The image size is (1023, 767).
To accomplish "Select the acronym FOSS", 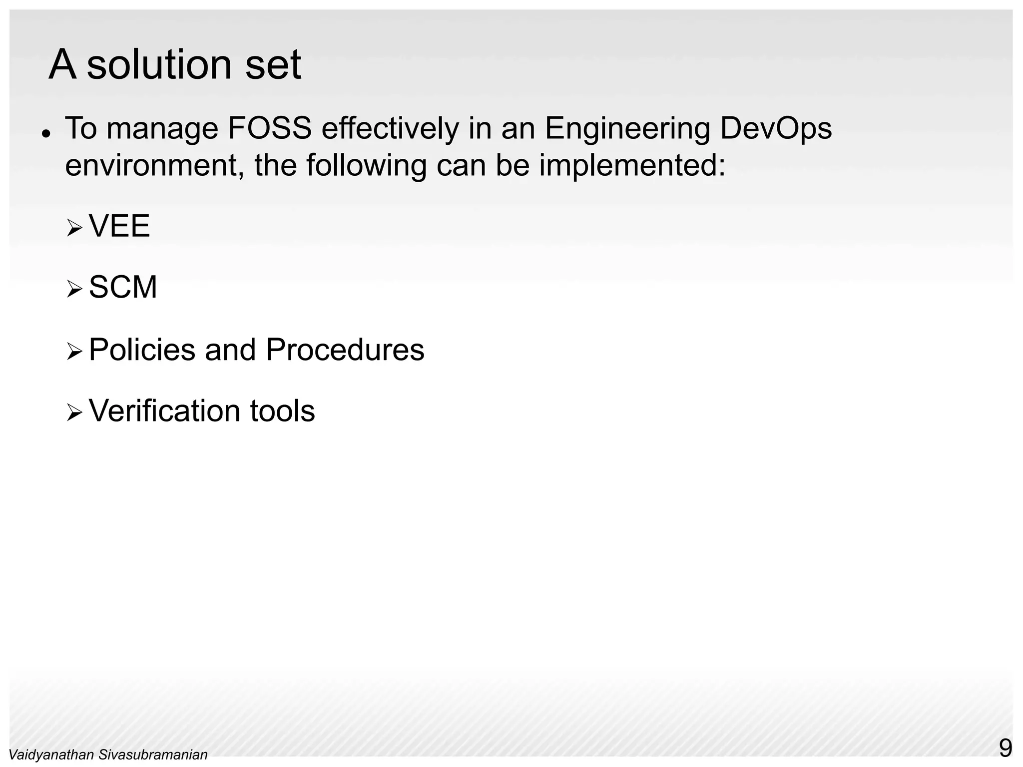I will click(x=270, y=128).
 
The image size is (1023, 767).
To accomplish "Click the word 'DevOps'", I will click(x=776, y=129).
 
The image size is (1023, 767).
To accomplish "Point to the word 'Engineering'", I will click(x=627, y=129).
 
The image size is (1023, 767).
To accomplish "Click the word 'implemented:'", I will click(x=632, y=166).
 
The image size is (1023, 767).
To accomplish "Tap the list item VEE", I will click(x=119, y=226).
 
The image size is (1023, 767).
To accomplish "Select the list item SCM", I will click(x=123, y=288).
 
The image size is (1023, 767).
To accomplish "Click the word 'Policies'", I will click(x=142, y=350).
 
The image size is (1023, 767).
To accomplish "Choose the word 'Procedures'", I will click(x=345, y=350).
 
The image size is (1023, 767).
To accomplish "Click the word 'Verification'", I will click(x=164, y=411).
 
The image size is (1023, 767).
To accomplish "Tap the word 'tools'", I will click(x=282, y=411).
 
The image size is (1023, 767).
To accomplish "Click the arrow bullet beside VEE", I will click(x=74, y=229).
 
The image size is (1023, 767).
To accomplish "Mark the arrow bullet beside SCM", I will click(x=74, y=290).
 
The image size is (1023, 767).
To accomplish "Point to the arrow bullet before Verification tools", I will click(x=74, y=413).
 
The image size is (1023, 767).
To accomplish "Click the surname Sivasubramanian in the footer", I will click(x=153, y=755).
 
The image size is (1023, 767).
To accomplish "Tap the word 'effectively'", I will click(x=390, y=128).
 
